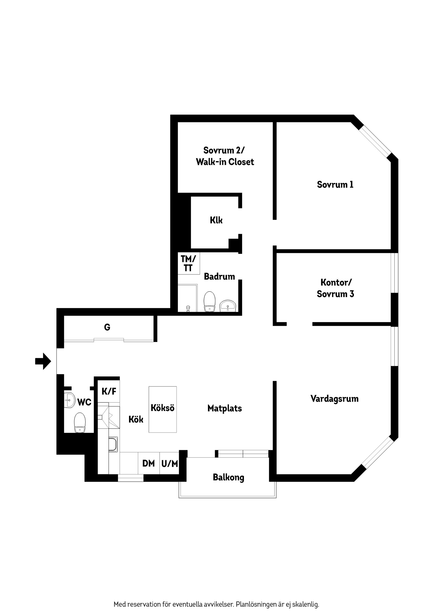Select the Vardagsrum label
[x=334, y=399]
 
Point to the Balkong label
[x=228, y=478]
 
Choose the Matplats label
[x=225, y=409]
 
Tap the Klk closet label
[x=216, y=220]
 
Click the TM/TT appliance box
[x=189, y=263]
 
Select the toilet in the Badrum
[x=210, y=302]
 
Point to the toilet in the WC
[x=80, y=422]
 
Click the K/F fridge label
[x=109, y=391]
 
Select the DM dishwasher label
[x=149, y=464]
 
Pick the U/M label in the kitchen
[x=170, y=464]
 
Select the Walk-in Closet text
[x=225, y=162]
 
